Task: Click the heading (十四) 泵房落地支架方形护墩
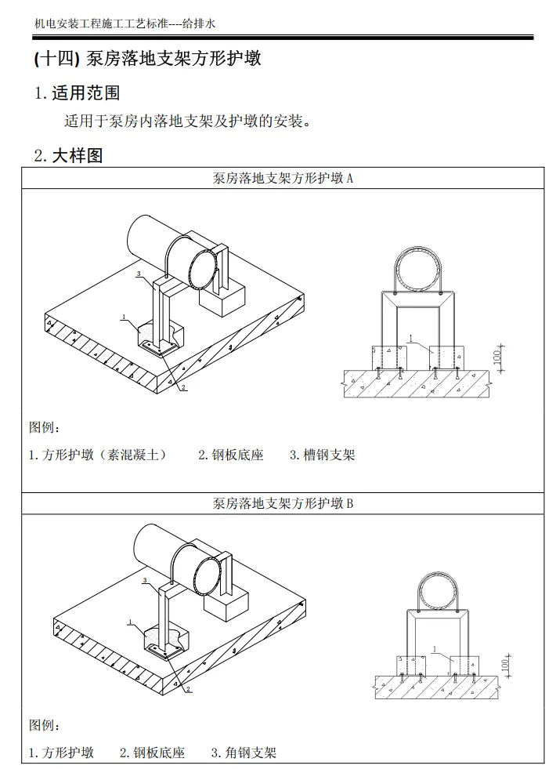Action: coord(148,59)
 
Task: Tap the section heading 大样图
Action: coord(78,155)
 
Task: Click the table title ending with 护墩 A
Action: coord(283,178)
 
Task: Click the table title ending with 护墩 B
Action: coord(283,503)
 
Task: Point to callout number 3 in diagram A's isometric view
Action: coord(138,274)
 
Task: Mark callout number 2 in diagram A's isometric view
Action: coord(182,387)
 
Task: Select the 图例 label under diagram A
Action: coord(45,428)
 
